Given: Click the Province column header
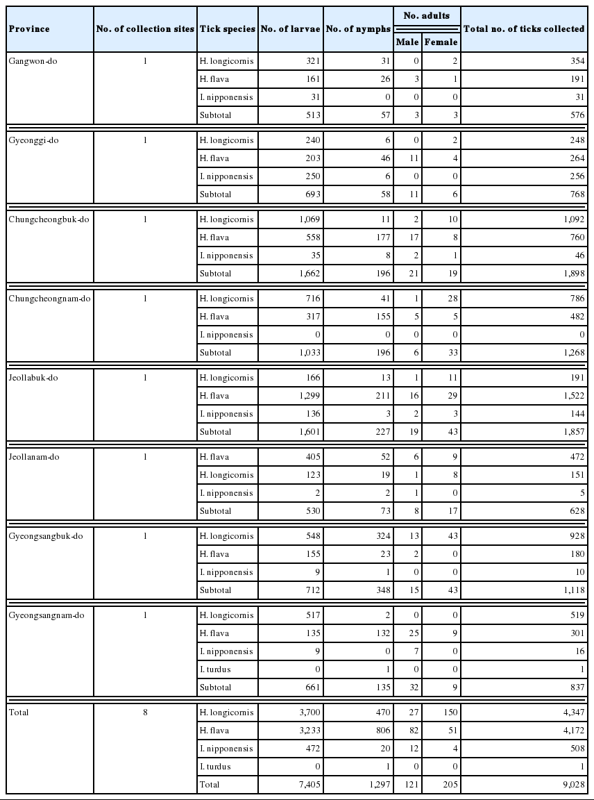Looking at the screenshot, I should click(x=29, y=29).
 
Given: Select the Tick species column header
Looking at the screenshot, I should click(x=227, y=29).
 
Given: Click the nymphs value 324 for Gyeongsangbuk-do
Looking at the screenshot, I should click(x=379, y=536).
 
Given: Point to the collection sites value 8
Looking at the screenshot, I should click(x=145, y=712).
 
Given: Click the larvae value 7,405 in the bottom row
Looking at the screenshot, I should click(x=306, y=785).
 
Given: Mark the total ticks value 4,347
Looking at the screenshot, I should click(x=572, y=712).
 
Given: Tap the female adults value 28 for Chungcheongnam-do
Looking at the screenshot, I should click(x=452, y=299).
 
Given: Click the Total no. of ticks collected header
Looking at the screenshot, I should click(x=524, y=29).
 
